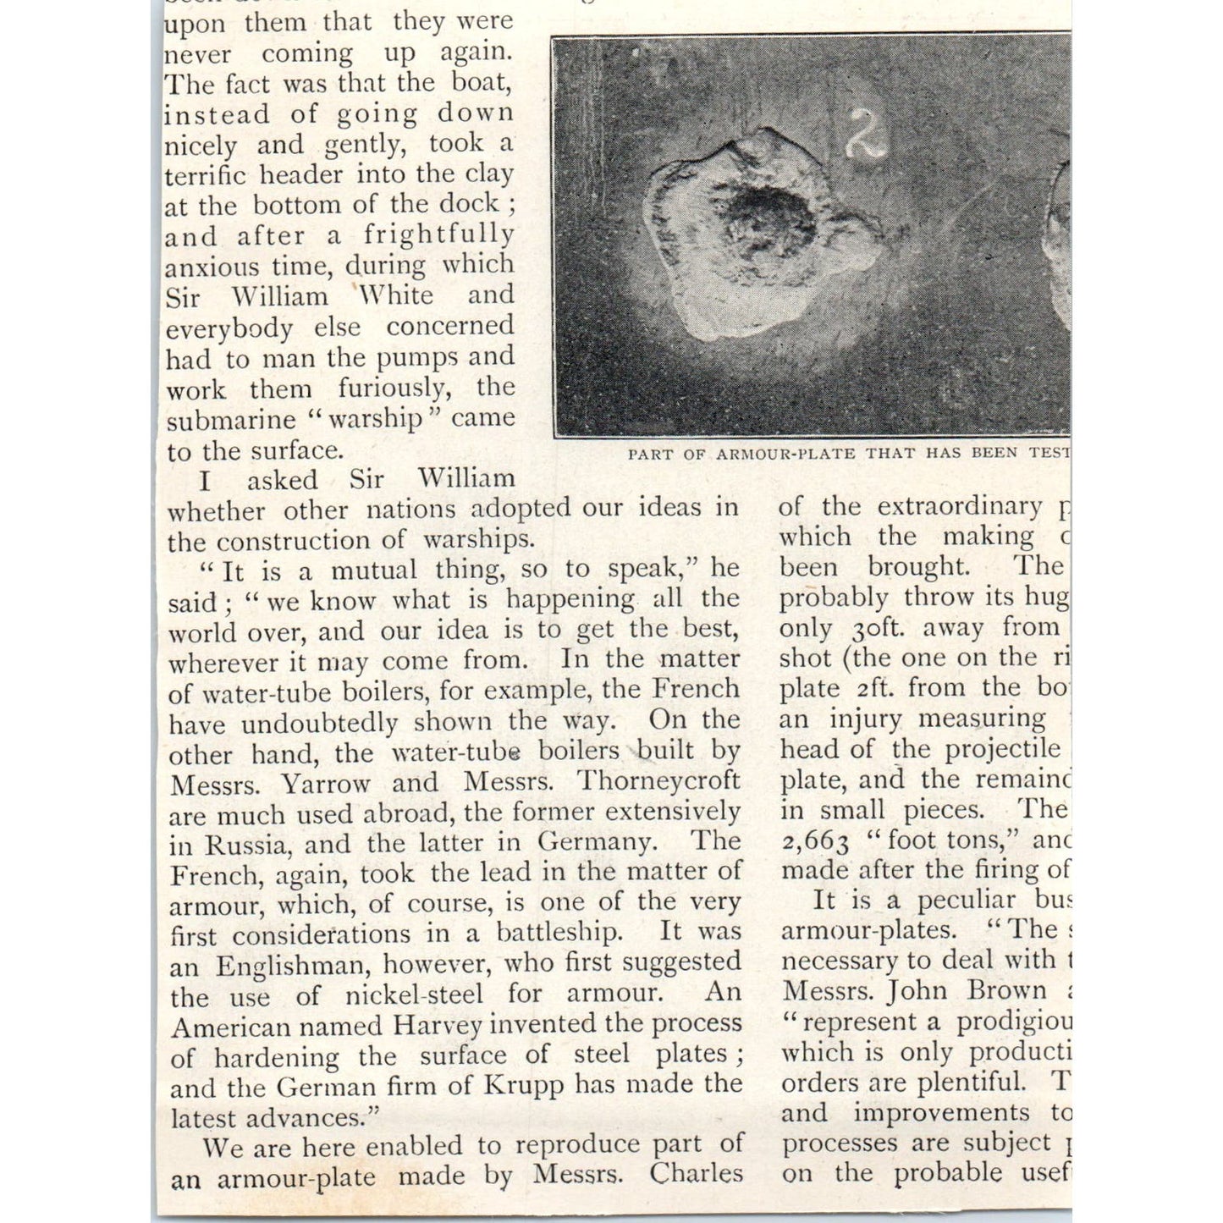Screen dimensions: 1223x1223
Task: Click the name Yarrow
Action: [x=325, y=784]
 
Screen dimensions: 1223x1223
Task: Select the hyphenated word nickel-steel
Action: [x=414, y=995]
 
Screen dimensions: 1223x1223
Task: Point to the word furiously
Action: [x=392, y=388]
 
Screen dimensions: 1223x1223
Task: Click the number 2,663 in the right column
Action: [x=816, y=840]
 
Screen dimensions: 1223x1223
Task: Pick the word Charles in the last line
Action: [x=695, y=1175]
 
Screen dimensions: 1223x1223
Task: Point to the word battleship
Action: [x=558, y=933]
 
